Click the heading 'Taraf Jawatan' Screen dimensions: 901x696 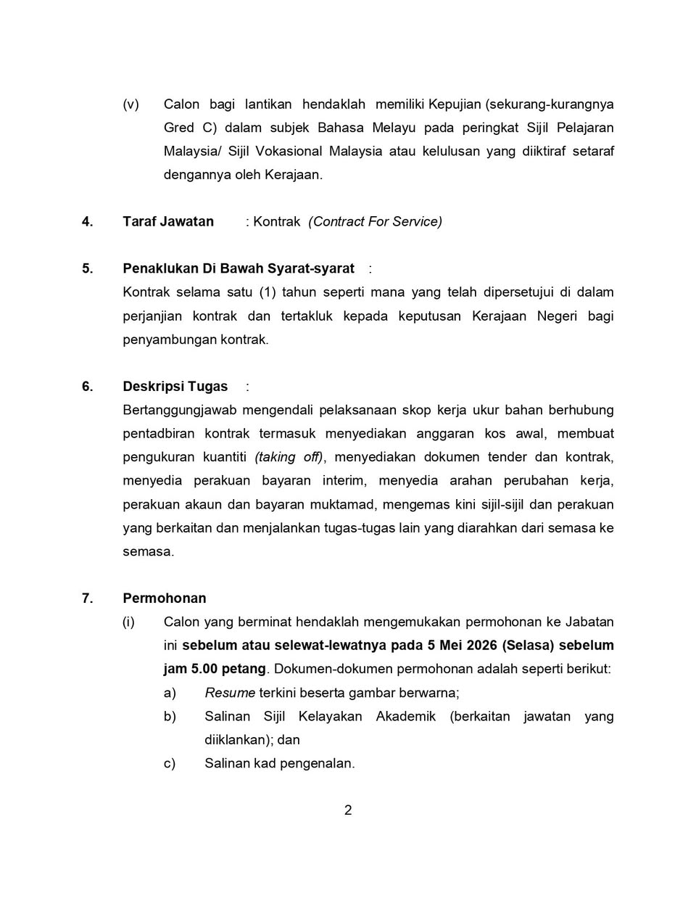click(x=168, y=222)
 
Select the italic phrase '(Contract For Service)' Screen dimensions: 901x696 click(x=375, y=222)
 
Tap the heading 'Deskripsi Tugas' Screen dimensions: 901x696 click(x=175, y=387)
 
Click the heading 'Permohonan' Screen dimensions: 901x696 click(x=165, y=598)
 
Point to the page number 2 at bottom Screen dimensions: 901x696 click(x=348, y=810)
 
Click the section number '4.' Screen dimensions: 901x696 click(x=87, y=222)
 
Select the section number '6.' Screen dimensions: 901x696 click(x=87, y=387)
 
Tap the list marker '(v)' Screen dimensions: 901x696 click(x=130, y=104)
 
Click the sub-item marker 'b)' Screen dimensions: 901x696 click(x=170, y=717)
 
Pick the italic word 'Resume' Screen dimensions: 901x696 click(x=230, y=693)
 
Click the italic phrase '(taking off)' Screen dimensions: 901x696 click(x=289, y=457)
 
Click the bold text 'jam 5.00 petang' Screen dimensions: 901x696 click(x=215, y=669)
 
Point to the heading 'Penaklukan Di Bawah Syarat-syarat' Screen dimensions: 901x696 click(x=239, y=269)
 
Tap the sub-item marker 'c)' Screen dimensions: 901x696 click(x=170, y=764)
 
